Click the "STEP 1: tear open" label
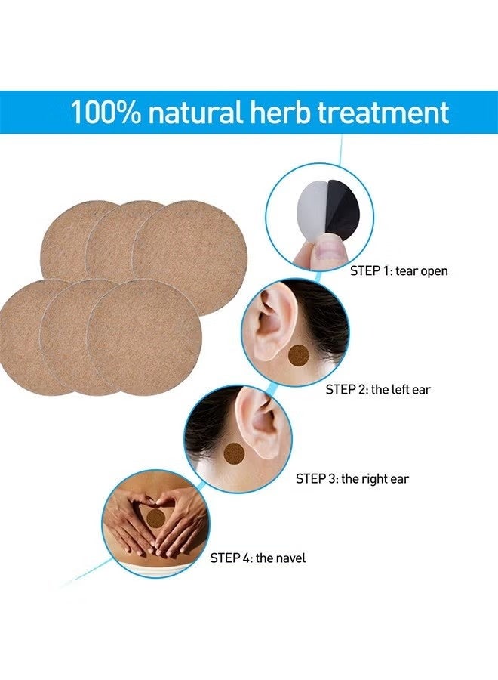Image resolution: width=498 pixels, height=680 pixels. [398, 270]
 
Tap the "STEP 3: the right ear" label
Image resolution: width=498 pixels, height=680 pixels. [352, 479]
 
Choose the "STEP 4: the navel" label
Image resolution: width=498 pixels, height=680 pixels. [258, 558]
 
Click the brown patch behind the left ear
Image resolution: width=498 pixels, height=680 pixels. [299, 355]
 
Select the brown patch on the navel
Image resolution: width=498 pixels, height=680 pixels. [156, 518]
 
